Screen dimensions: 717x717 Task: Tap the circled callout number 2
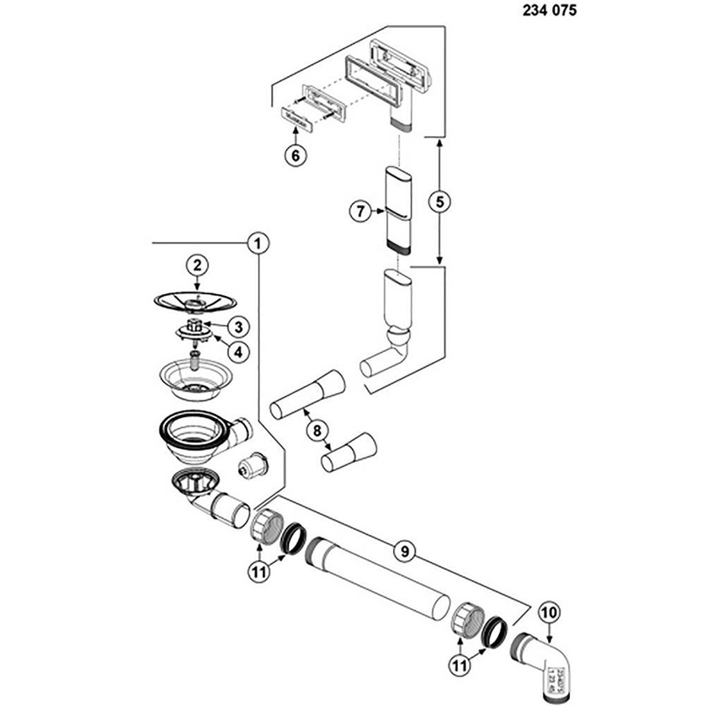point(198,265)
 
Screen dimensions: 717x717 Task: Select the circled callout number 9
point(404,551)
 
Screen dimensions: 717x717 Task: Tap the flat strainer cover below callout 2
point(195,301)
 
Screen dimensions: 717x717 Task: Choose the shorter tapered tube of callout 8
point(349,451)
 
